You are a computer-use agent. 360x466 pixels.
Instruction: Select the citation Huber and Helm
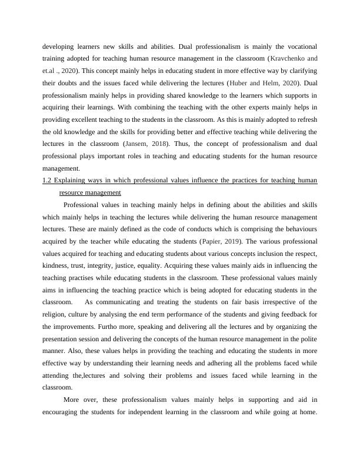249,84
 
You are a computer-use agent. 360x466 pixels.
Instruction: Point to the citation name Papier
214,242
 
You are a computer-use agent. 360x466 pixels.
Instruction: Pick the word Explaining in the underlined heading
74,180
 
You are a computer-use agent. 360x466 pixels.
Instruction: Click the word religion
56,315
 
